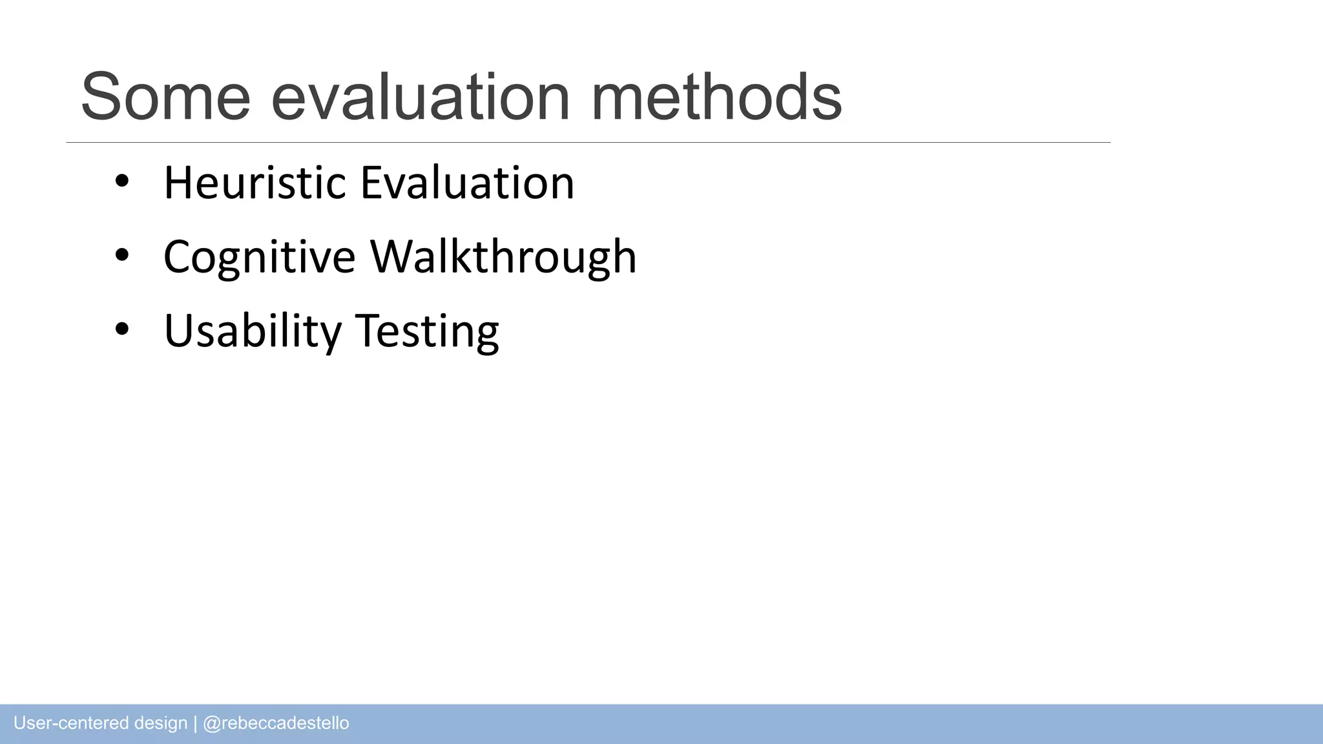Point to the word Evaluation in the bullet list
[x=467, y=183]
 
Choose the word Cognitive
[x=259, y=257]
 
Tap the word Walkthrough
[x=503, y=257]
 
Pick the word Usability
[x=253, y=331]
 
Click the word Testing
[x=427, y=331]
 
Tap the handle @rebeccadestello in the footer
[x=276, y=723]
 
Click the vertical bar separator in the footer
[x=195, y=723]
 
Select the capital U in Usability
[x=178, y=331]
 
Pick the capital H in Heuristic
[x=178, y=183]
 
